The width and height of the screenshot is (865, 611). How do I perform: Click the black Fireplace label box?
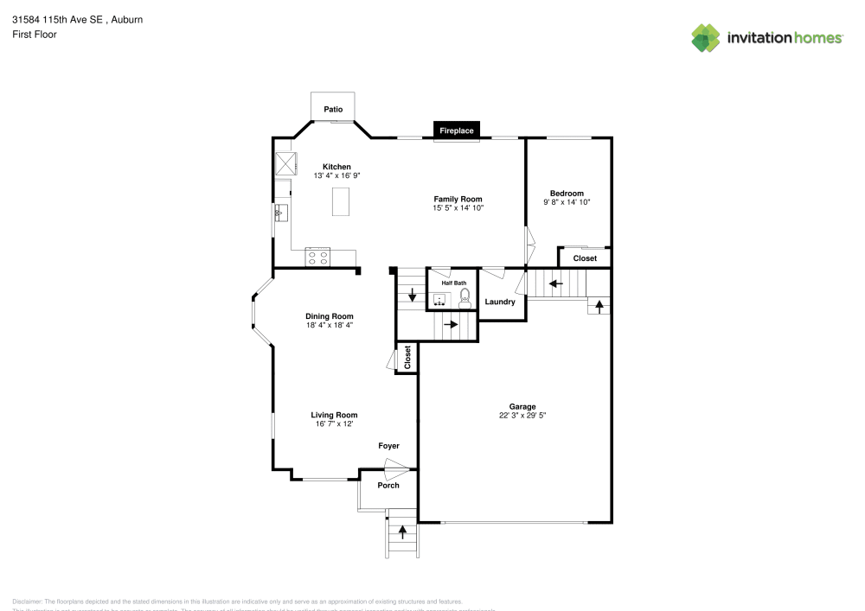(457, 130)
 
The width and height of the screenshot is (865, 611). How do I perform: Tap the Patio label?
(333, 110)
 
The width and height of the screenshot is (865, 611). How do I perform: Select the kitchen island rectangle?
(342, 201)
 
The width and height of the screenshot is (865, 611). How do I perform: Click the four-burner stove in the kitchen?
(317, 257)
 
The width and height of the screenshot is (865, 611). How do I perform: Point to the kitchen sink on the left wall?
(279, 213)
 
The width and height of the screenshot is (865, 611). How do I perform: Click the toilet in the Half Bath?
(465, 298)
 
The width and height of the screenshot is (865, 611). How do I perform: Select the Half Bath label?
(454, 283)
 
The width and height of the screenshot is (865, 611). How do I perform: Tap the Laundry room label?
(500, 302)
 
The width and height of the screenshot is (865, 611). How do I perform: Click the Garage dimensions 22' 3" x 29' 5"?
(522, 416)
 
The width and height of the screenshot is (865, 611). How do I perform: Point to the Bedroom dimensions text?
(567, 202)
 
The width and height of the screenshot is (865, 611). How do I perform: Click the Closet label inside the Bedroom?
(585, 258)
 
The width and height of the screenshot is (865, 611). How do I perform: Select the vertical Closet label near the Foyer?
(407, 359)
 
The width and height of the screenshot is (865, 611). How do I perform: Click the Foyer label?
(388, 446)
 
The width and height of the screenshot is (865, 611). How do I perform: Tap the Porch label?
(388, 485)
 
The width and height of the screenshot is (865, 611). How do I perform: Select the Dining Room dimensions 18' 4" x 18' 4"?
(329, 325)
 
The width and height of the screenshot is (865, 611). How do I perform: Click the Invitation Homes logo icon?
(706, 37)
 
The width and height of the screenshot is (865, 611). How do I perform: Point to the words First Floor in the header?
(35, 35)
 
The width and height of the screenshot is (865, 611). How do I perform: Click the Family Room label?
(458, 199)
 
